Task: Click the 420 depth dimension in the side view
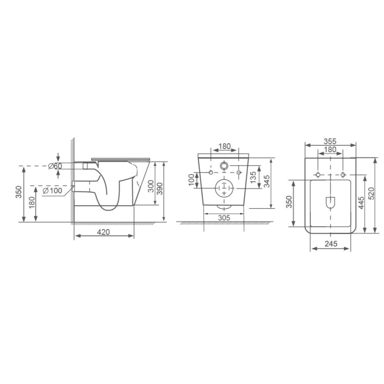tap(104, 232)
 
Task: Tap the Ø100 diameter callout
tap(53, 191)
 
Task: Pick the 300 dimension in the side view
tap(151, 185)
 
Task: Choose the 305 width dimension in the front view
tap(223, 218)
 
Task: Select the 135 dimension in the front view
tap(253, 179)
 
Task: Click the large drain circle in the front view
tap(224, 189)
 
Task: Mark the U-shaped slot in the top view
tap(330, 203)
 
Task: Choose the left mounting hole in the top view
tap(318, 175)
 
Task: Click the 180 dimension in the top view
tap(330, 150)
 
